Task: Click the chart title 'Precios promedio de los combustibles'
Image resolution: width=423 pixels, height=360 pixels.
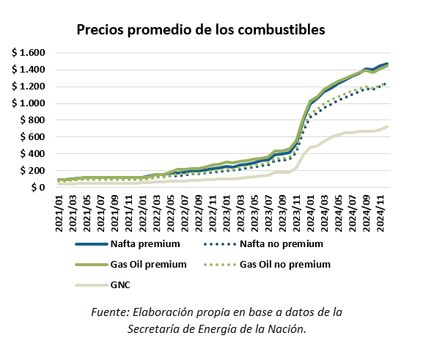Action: click(x=201, y=31)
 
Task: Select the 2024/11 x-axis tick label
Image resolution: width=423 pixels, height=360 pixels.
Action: click(x=381, y=213)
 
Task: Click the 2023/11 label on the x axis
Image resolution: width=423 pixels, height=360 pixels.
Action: click(x=297, y=213)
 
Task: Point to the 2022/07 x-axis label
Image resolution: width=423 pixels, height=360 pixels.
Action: click(x=185, y=213)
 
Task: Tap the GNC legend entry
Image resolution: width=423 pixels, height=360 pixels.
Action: click(x=120, y=284)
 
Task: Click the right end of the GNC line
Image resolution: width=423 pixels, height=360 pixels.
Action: click(x=387, y=127)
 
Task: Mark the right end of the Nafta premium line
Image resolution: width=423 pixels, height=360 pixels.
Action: click(x=387, y=64)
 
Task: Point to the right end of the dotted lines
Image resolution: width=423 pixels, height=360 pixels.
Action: click(x=387, y=84)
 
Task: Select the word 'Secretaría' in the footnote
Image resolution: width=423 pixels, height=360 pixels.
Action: click(x=156, y=328)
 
